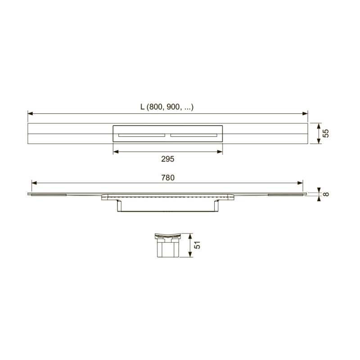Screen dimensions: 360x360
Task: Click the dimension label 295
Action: coord(167,159)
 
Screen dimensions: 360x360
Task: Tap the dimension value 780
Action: coord(167,178)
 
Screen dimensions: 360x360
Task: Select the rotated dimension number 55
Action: coord(325,133)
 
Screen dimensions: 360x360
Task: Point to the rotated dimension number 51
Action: coord(197,245)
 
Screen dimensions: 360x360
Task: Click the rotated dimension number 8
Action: coord(325,194)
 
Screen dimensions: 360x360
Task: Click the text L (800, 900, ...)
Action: coord(167,107)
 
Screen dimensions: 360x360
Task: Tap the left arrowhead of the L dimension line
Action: coord(30,113)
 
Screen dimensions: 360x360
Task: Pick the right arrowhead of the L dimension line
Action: coord(305,113)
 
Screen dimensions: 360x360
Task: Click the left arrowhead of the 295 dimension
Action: coord(116,152)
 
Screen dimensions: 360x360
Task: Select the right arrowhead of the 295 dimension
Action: coord(220,152)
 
